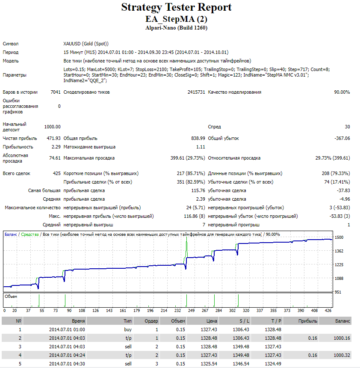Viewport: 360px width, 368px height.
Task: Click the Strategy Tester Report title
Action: click(x=176, y=7)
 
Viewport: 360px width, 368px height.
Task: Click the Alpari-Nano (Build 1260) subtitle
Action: click(x=176, y=28)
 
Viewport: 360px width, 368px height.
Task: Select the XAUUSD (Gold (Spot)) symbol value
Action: click(x=86, y=44)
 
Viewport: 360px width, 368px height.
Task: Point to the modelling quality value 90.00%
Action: click(x=342, y=92)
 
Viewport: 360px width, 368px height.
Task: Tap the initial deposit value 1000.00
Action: click(x=52, y=127)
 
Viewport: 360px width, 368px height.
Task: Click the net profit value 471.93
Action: click(x=53, y=138)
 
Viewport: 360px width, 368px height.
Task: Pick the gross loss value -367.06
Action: click(x=342, y=138)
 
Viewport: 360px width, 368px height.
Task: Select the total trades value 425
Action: click(x=57, y=173)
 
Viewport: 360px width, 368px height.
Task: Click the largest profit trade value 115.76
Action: click(x=198, y=190)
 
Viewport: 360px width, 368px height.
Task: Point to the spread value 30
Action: click(x=347, y=127)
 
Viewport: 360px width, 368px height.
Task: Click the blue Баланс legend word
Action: click(x=11, y=234)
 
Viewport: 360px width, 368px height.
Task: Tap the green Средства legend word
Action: click(x=30, y=234)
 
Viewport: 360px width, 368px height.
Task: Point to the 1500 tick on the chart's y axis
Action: click(x=339, y=237)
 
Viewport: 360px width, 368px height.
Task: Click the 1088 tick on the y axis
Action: click(x=339, y=278)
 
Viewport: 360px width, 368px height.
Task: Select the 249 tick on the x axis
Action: click(x=192, y=311)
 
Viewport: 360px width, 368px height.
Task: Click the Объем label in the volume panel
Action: click(x=11, y=297)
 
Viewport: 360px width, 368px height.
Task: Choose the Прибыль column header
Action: click(x=308, y=321)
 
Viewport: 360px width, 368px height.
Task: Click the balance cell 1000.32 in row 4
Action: click(x=342, y=355)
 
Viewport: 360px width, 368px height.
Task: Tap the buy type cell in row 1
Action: click(x=128, y=329)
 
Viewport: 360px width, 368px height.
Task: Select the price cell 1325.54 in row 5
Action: click(x=209, y=364)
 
